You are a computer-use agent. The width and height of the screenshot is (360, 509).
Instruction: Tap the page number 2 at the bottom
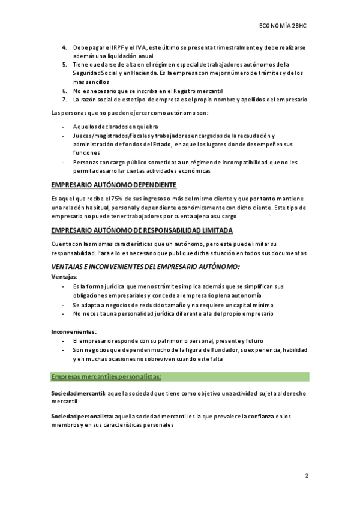tap(306, 475)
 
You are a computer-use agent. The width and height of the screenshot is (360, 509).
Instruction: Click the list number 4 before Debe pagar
tap(65, 47)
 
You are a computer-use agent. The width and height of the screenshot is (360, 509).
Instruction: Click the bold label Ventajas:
tap(64, 277)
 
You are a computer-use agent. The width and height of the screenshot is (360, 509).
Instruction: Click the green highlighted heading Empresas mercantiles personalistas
tap(106, 376)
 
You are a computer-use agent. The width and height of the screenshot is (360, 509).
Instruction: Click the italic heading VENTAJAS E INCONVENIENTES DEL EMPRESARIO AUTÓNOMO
tap(146, 266)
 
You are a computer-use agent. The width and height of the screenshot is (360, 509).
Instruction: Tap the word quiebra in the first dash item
tap(145, 127)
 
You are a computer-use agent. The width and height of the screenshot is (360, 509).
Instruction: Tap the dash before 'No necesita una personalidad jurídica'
tap(64, 313)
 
